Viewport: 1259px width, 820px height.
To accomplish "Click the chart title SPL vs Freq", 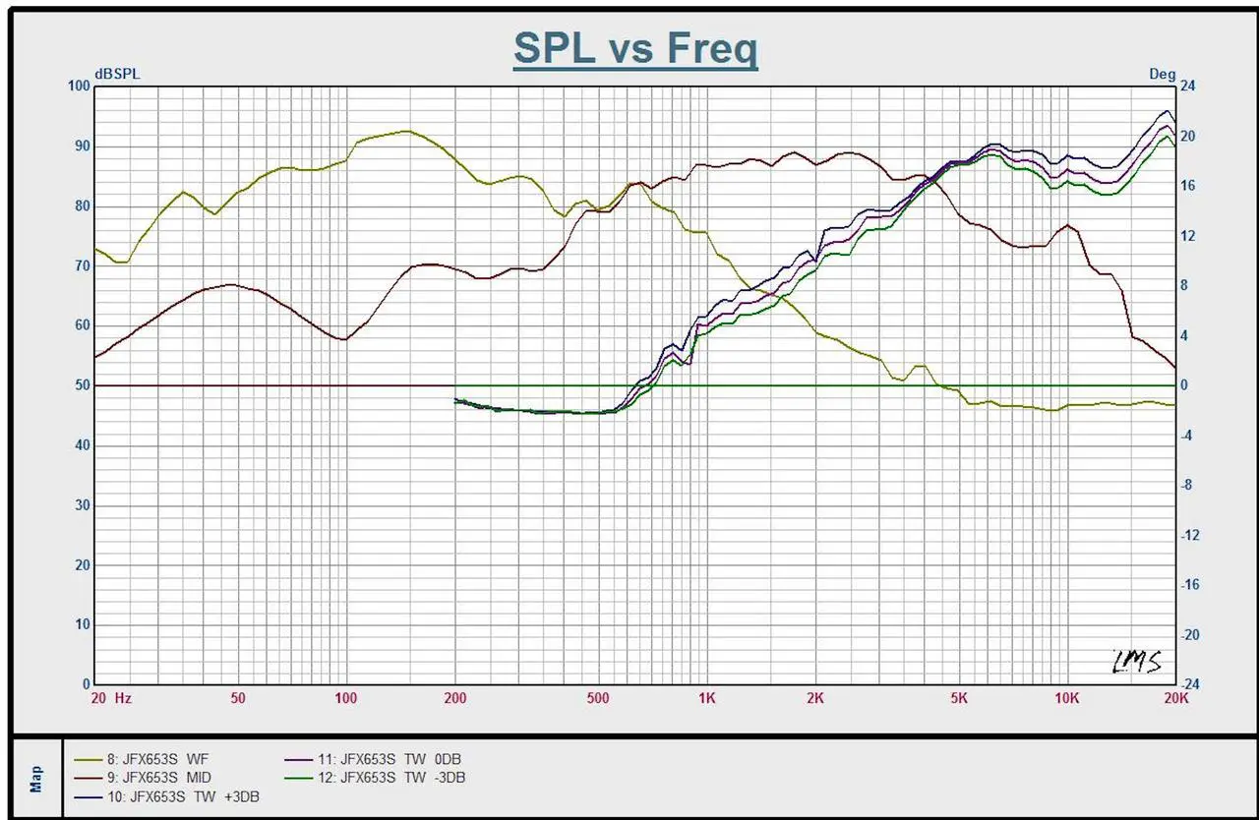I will click(x=635, y=47).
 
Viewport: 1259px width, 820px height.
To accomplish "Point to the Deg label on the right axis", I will click(x=1162, y=74).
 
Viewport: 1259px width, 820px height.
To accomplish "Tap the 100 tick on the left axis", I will click(x=78, y=87).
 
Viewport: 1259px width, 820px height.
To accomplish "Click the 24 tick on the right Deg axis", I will click(x=1188, y=87).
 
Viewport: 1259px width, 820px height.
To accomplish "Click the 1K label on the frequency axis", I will click(x=706, y=698).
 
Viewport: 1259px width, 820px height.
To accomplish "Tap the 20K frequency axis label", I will click(x=1175, y=698).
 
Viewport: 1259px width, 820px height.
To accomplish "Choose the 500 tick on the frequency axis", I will click(x=597, y=698).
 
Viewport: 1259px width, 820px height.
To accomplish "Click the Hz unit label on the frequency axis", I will click(x=123, y=698).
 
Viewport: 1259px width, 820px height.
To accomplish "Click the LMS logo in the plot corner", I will click(x=1137, y=662).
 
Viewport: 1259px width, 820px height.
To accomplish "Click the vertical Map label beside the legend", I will click(x=36, y=779).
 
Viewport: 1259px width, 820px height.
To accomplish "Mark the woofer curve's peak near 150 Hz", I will click(x=403, y=131).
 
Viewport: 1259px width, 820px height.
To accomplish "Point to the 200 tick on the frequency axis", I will click(x=454, y=698).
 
